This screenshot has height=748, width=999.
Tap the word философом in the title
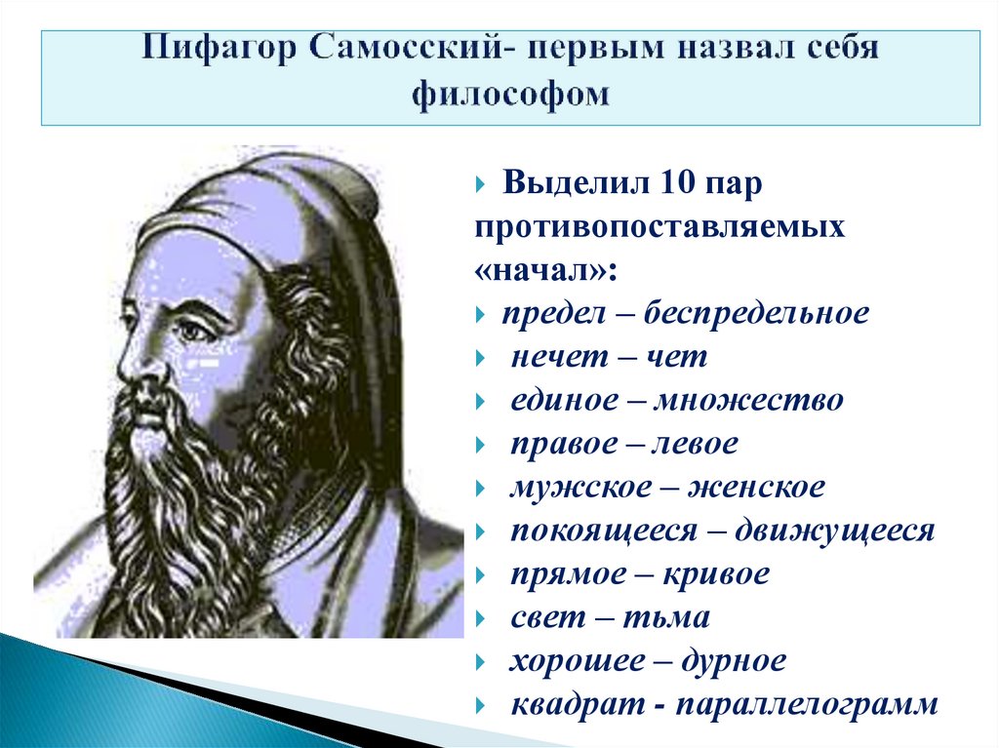510,94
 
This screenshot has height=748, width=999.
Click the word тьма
675,617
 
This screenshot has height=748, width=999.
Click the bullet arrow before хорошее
482,662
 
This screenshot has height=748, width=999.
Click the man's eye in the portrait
191,330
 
